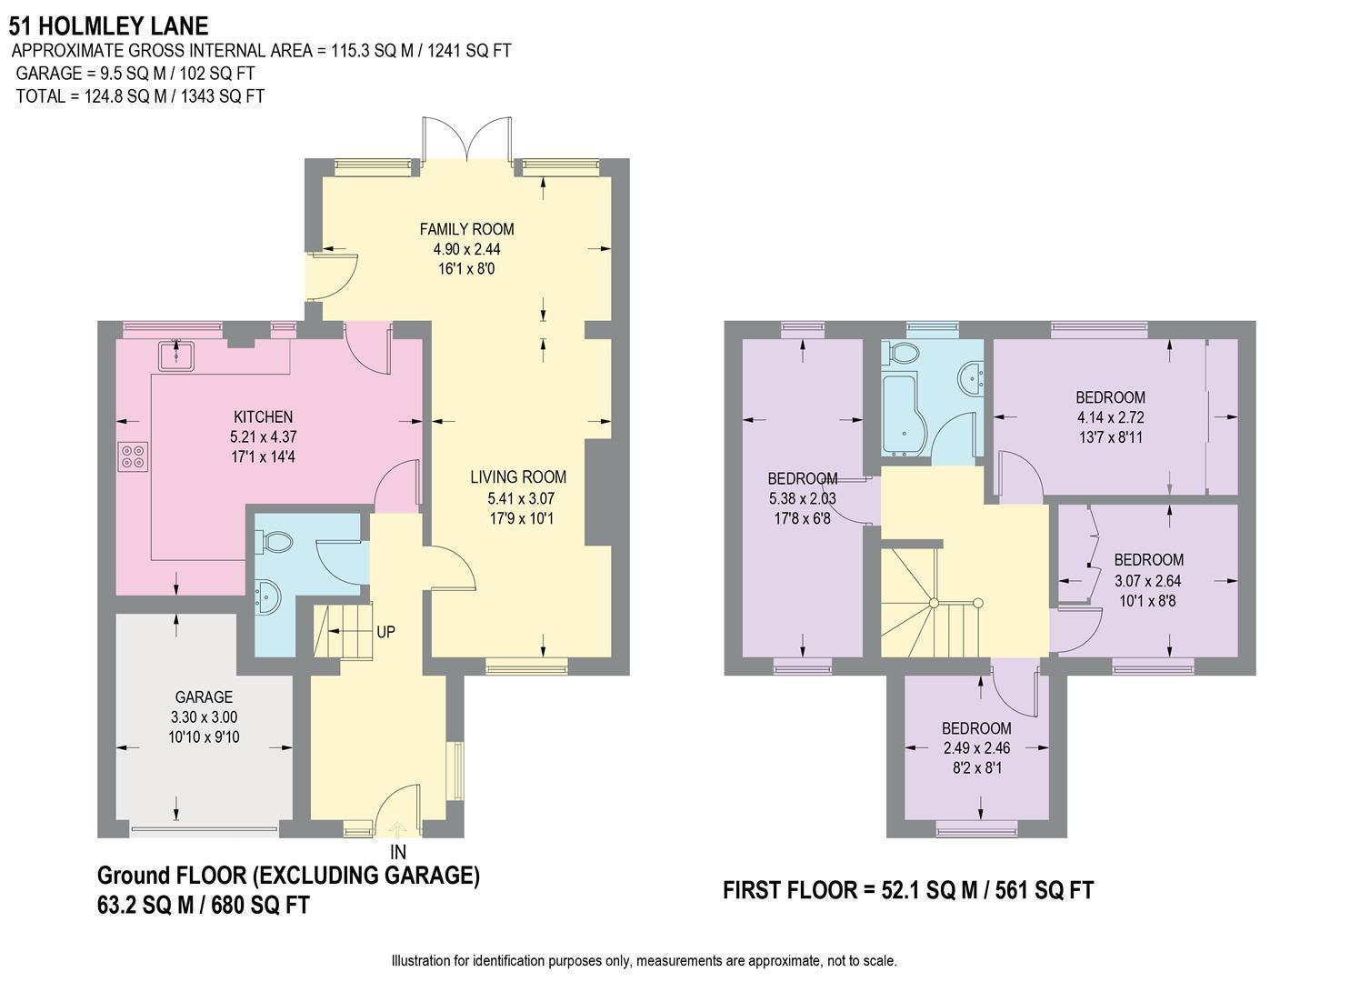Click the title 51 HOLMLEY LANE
coord(108,26)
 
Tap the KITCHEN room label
coord(263,416)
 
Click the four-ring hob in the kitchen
coord(133,455)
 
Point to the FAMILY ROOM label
coord(466,229)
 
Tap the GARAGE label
coord(204,697)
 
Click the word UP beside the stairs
coord(385,631)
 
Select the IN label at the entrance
coord(397,852)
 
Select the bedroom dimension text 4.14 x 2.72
coord(1110,418)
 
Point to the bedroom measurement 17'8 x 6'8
coord(801,519)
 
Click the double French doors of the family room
coord(467,139)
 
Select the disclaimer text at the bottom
coord(644,960)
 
